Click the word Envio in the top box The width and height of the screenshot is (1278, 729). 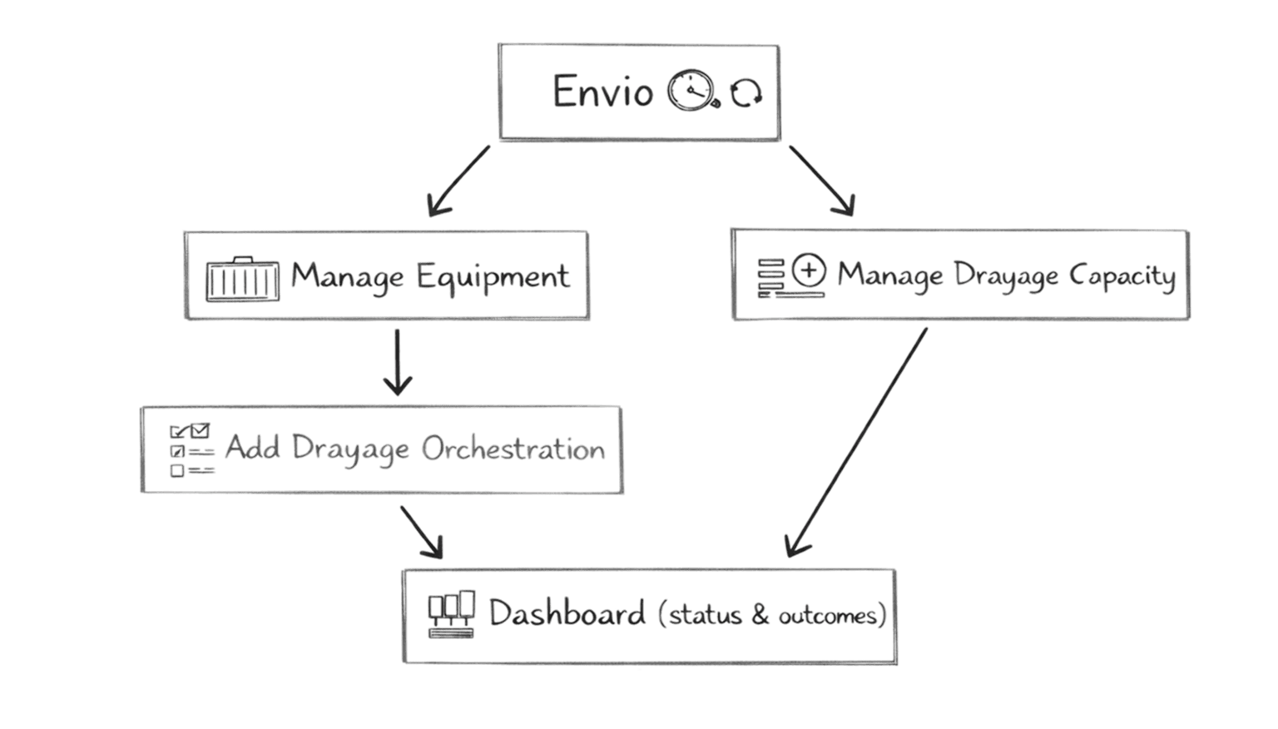point(602,92)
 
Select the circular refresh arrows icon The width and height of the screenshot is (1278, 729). point(745,93)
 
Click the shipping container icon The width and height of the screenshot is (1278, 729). point(242,278)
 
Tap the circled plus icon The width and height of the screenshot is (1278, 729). point(809,270)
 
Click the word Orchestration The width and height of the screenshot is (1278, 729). point(513,449)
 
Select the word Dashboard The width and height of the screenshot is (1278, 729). point(567,614)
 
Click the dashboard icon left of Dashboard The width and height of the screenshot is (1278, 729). point(452,615)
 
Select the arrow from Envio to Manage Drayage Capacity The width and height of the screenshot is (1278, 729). point(822,181)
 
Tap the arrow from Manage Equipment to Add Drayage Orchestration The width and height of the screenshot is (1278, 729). point(399,361)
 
